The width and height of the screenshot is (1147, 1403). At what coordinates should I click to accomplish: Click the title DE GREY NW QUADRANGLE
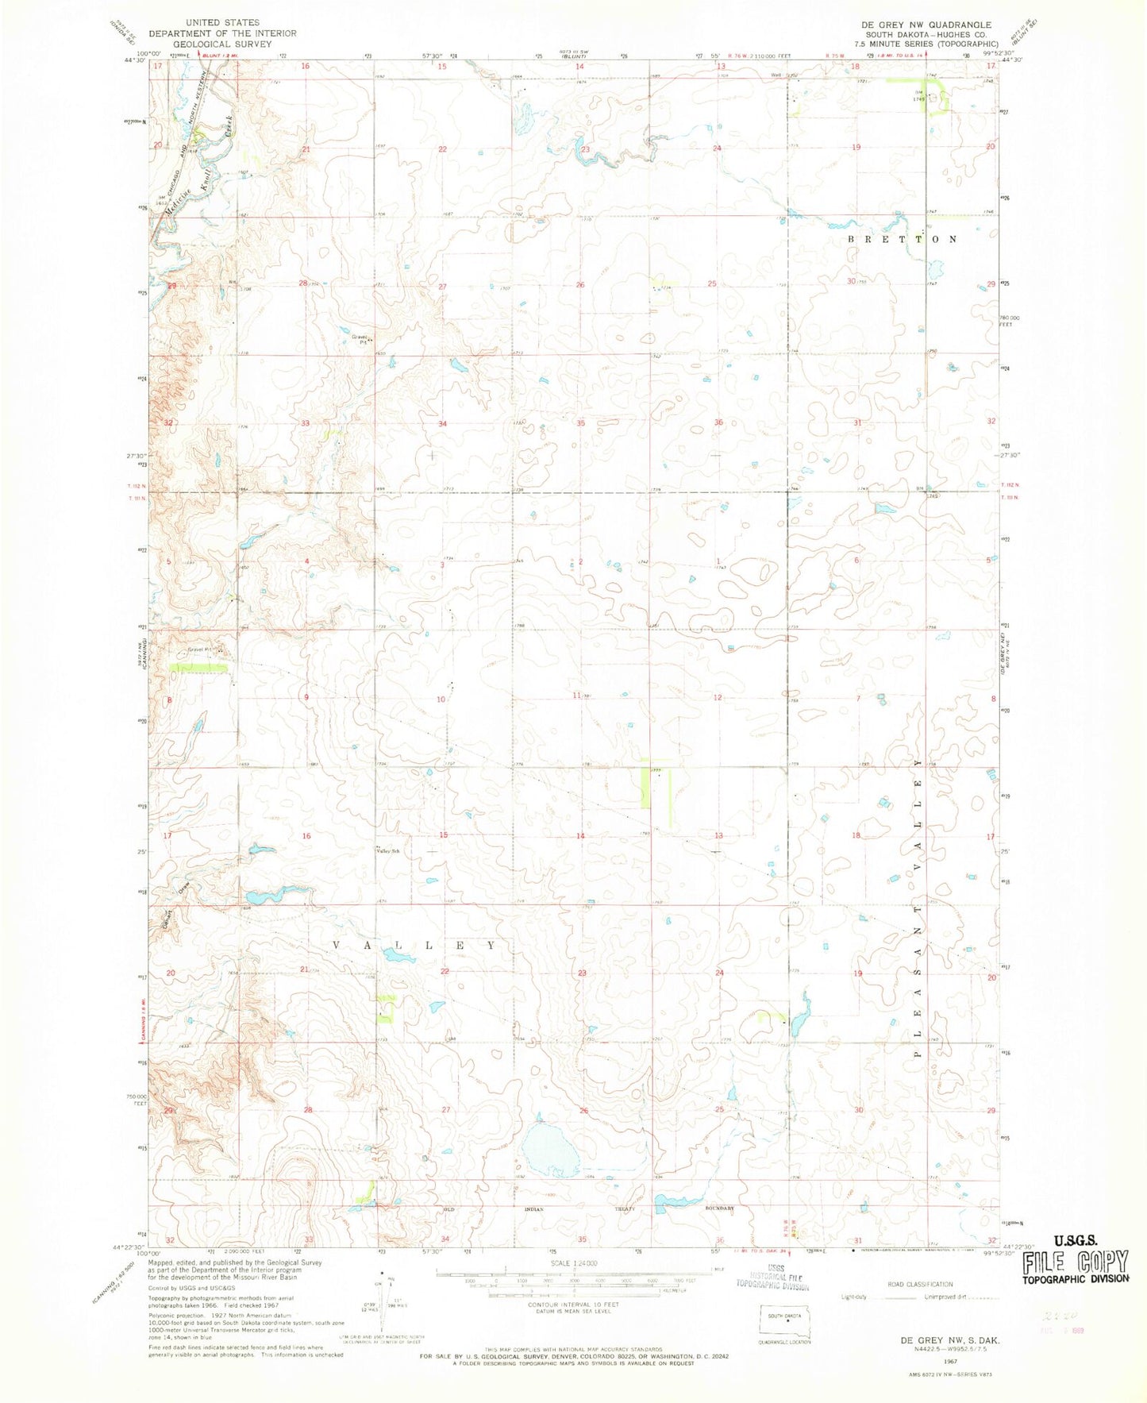(934, 25)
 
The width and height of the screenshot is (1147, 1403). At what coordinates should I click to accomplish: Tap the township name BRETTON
(903, 239)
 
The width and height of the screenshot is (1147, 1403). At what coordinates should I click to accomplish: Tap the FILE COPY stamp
(1076, 1262)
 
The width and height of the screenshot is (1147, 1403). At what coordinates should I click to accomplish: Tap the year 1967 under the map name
(949, 1360)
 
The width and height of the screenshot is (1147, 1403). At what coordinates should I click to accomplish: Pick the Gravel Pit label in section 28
(361, 337)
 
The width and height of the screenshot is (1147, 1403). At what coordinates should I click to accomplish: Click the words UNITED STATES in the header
(222, 23)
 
